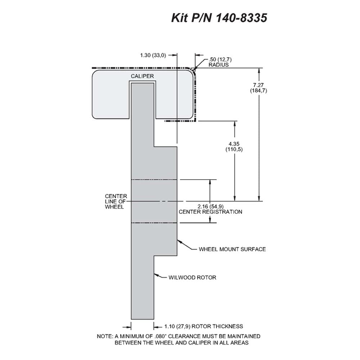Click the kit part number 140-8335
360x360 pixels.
tap(242, 18)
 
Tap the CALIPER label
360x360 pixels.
tap(142, 76)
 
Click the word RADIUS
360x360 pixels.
tap(219, 65)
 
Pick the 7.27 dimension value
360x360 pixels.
tap(258, 85)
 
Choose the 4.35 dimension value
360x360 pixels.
tap(234, 144)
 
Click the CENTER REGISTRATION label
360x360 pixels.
tap(211, 212)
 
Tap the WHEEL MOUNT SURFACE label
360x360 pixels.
tap(232, 249)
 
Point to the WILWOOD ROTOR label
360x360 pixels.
tap(192, 277)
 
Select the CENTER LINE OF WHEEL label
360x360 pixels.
tap(116, 202)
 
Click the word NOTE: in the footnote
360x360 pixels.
tap(105, 336)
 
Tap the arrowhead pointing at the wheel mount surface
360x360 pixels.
tap(179, 242)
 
